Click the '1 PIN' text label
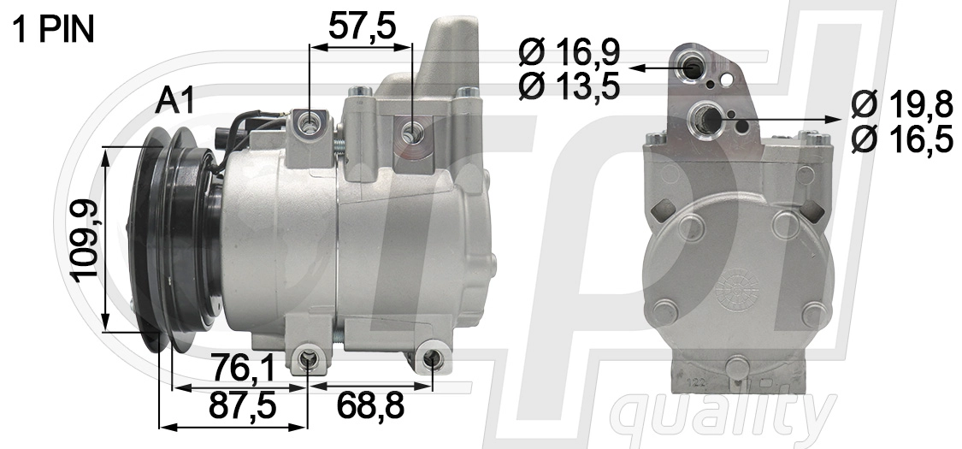pos(53,30)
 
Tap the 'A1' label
pos(175,102)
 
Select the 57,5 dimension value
pos(363,27)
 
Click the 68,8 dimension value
pos(370,405)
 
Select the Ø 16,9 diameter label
pos(570,53)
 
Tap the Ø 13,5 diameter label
pos(570,86)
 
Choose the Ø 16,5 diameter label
pos(902,139)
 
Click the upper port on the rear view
pos(693,66)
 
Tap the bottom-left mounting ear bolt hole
pos(308,361)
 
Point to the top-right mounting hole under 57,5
pos(413,133)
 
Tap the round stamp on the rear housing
pos(737,287)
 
